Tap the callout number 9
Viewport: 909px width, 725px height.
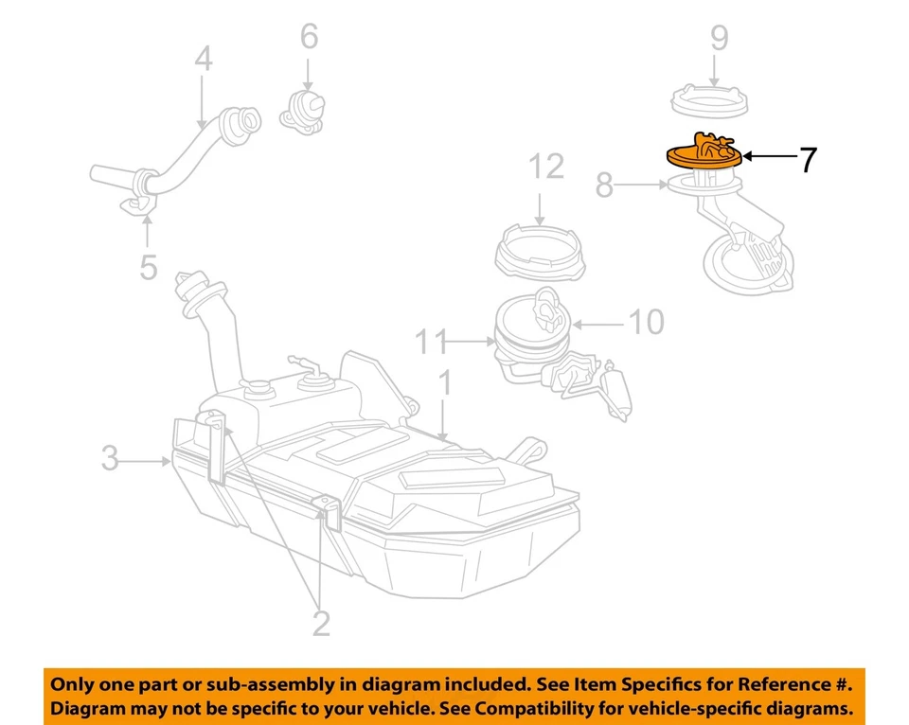(x=719, y=38)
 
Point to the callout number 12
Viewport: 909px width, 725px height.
(x=546, y=168)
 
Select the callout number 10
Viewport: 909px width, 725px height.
(x=647, y=322)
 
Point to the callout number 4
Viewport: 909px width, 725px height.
(x=204, y=62)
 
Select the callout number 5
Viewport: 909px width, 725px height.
(x=148, y=266)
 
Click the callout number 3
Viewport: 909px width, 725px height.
(x=111, y=460)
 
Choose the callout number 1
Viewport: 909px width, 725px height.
(x=444, y=383)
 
